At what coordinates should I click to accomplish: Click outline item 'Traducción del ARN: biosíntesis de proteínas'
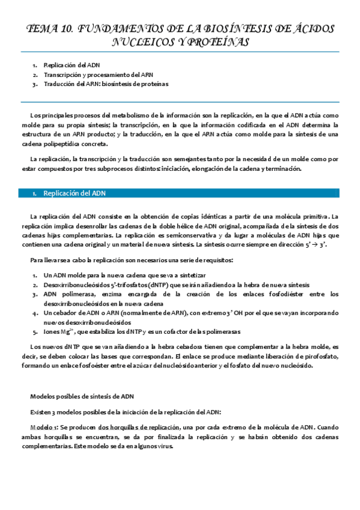[x=106, y=84]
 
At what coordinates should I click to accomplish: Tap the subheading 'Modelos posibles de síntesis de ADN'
[x=82, y=396]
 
